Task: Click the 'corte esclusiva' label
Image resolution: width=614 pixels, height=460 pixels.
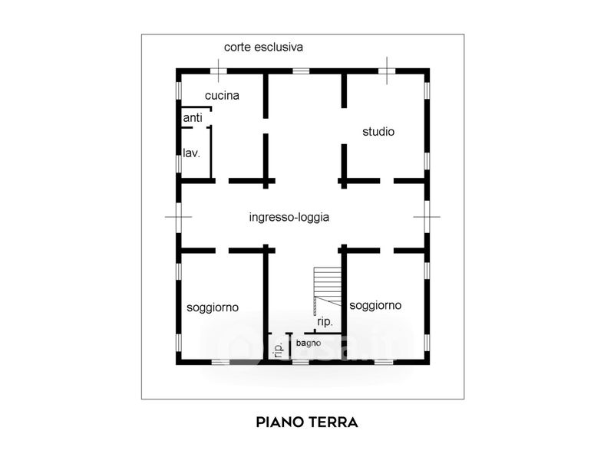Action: (x=263, y=48)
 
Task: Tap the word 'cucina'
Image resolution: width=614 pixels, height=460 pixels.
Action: (x=222, y=95)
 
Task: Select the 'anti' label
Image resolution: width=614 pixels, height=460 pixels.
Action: (x=193, y=117)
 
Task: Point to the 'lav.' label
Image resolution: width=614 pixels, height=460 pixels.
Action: (x=191, y=153)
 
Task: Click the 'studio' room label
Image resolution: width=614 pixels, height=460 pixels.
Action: (x=378, y=131)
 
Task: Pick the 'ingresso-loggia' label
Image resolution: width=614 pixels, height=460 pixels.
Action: (x=289, y=217)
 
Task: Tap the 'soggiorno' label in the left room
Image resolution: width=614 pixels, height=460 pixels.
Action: (x=213, y=308)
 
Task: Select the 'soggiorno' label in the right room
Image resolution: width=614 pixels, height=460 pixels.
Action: (x=375, y=305)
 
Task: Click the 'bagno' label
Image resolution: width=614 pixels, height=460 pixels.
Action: (x=309, y=343)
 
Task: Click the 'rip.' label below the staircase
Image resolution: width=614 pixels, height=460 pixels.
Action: (x=325, y=322)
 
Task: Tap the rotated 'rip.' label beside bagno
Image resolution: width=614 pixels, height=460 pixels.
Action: (x=279, y=350)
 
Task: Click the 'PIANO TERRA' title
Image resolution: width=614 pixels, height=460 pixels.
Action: (x=307, y=422)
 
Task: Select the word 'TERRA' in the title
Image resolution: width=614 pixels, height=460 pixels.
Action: (x=333, y=422)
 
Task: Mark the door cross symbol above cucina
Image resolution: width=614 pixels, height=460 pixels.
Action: (x=219, y=71)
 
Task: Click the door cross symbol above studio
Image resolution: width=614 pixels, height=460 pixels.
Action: (x=387, y=71)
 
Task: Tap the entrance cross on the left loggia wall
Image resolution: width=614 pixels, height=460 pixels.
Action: (x=178, y=217)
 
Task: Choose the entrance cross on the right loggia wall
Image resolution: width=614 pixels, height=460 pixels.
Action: (x=427, y=217)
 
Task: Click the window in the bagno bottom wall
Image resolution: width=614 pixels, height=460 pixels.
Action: (x=300, y=362)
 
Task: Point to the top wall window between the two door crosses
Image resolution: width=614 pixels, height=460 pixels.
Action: (x=301, y=71)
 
